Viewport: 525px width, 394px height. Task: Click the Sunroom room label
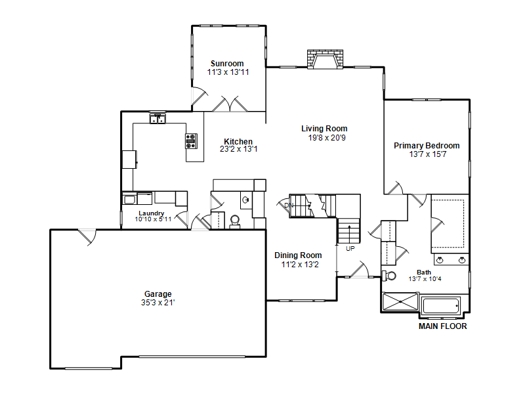pos(227,63)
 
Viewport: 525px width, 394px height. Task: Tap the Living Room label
pos(324,128)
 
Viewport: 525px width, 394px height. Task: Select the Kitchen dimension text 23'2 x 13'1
pos(238,149)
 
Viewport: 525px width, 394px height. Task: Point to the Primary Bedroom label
pos(427,146)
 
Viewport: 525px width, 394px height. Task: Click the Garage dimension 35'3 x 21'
pos(157,303)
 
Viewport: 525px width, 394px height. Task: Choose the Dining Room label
pos(298,255)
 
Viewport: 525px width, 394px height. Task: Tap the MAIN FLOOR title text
pos(442,326)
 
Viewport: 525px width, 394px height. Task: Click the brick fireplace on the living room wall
pos(325,59)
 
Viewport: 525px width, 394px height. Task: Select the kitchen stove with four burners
pos(191,141)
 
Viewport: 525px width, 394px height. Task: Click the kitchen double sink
pos(157,119)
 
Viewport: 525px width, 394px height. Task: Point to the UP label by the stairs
pos(350,249)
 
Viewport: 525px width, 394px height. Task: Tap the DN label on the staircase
pos(289,206)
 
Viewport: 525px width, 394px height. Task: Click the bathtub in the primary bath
pos(440,305)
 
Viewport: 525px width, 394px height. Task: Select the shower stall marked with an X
pos(400,302)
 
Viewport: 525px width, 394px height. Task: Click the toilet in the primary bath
pos(388,276)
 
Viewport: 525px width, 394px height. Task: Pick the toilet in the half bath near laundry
pos(235,222)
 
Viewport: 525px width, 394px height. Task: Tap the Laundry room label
pos(152,213)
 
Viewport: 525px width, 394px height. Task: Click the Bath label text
pos(424,273)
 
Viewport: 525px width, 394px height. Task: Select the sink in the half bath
pos(245,200)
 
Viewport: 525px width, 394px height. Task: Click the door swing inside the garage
pos(88,236)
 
